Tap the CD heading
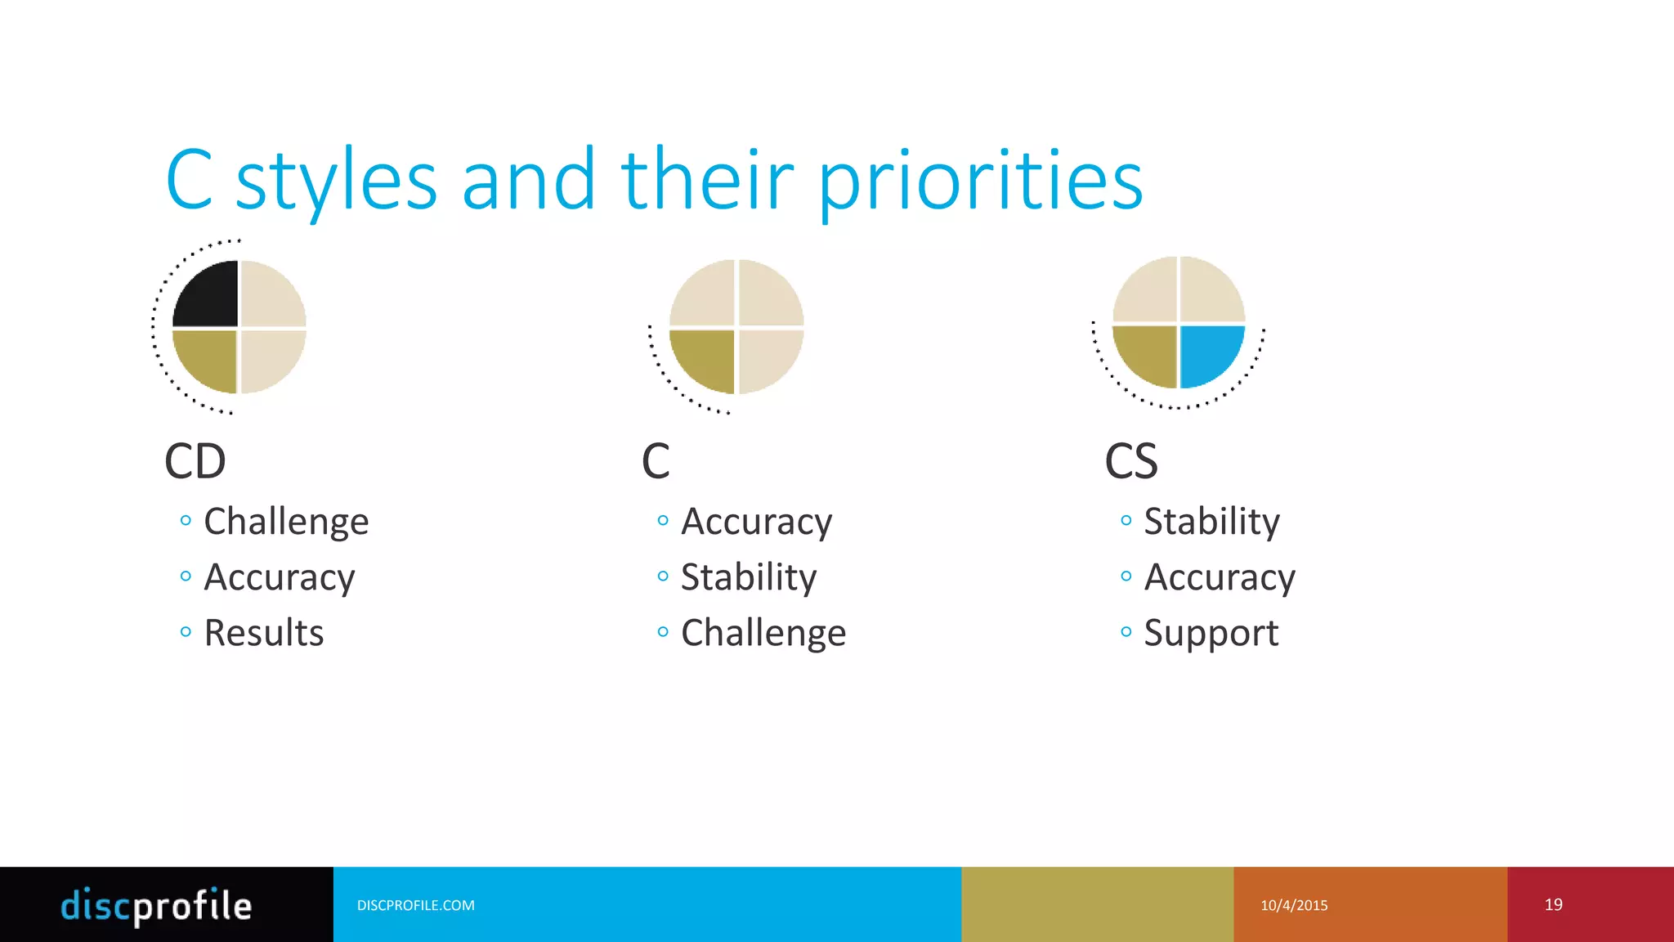click(x=195, y=461)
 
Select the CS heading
click(x=1131, y=461)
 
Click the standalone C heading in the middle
click(x=656, y=461)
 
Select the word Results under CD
click(x=264, y=633)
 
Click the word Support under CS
click(x=1211, y=633)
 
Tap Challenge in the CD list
click(x=286, y=522)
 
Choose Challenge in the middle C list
click(x=763, y=633)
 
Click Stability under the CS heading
click(x=1211, y=522)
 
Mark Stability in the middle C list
click(x=749, y=577)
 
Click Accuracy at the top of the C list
click(x=756, y=522)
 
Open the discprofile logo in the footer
click(x=157, y=905)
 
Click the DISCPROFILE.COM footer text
click(x=415, y=905)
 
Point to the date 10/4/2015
click(x=1294, y=905)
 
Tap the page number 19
click(x=1553, y=904)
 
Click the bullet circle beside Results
click(x=186, y=631)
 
